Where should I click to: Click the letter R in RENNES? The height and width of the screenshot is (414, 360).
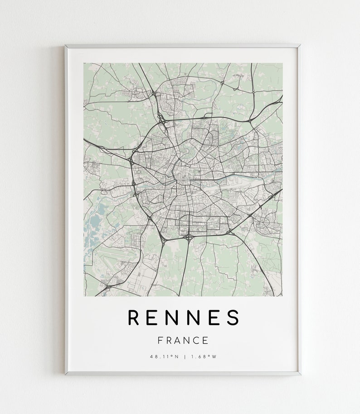pyautogui.click(x=134, y=318)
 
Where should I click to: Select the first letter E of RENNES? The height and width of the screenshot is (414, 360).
pyautogui.click(x=154, y=318)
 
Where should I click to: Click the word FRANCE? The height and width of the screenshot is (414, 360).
pyautogui.click(x=183, y=340)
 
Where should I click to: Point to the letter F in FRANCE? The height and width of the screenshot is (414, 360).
pyautogui.click(x=160, y=340)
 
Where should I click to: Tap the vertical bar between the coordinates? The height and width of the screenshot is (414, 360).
pyautogui.click(x=184, y=356)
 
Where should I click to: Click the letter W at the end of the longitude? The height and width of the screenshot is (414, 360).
pyautogui.click(x=214, y=356)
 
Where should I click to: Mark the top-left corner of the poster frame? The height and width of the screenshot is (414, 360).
pyautogui.click(x=65, y=45)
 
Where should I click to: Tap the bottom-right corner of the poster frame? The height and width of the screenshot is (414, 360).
pyautogui.click(x=300, y=374)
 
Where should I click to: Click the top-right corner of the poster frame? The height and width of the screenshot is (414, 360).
pyautogui.click(x=300, y=45)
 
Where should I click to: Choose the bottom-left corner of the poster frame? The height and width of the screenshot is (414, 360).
pyautogui.click(x=65, y=374)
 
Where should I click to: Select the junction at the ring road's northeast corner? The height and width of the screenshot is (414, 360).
pyautogui.click(x=250, y=122)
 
